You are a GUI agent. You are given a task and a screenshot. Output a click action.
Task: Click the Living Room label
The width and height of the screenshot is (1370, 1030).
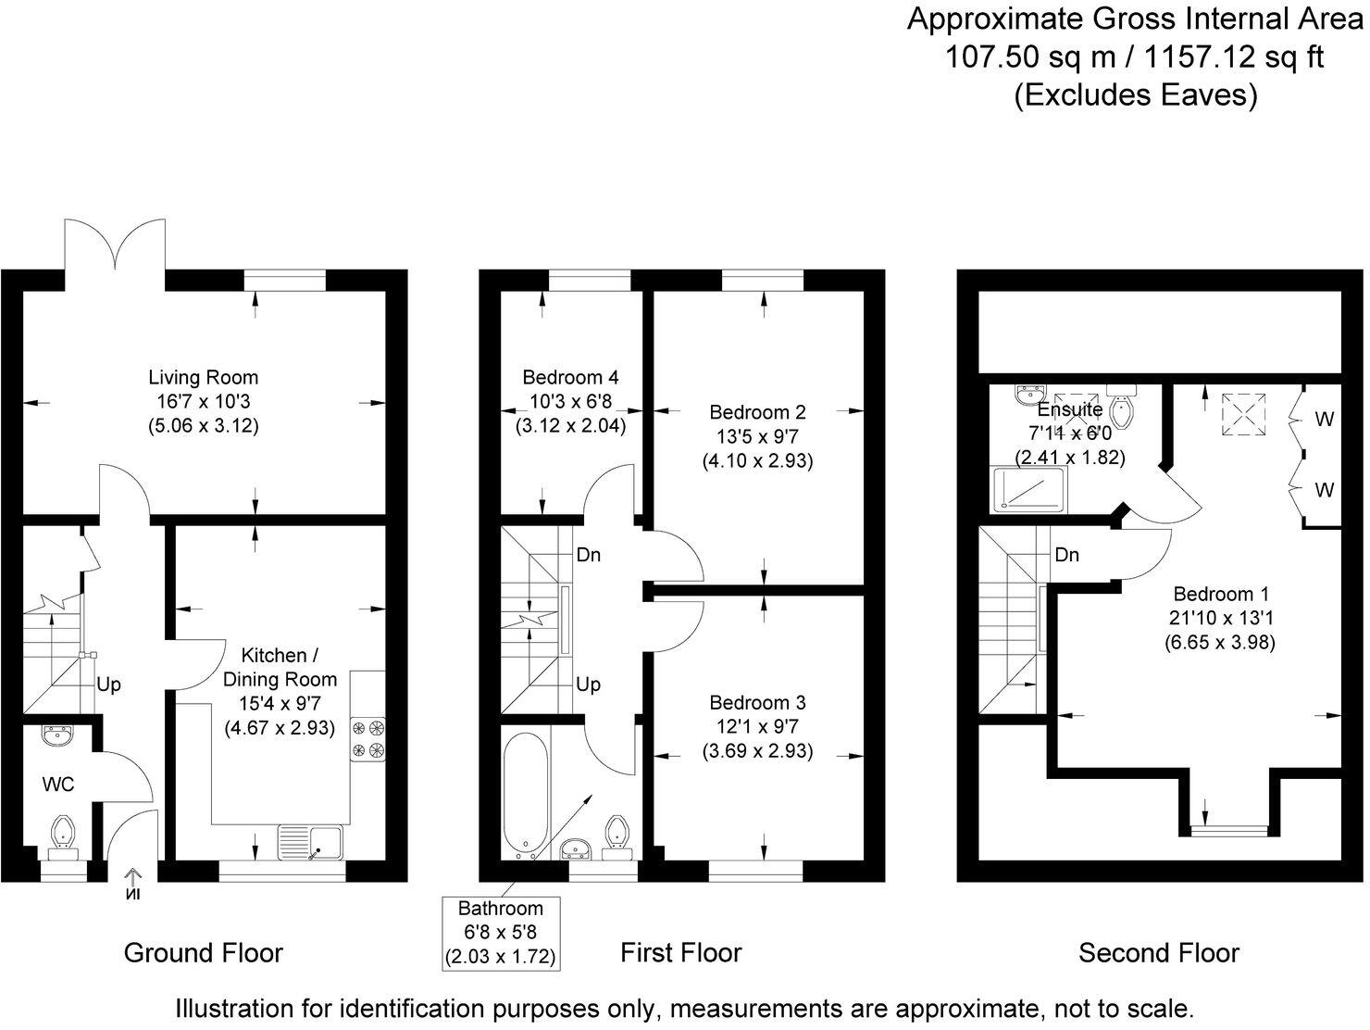[204, 378]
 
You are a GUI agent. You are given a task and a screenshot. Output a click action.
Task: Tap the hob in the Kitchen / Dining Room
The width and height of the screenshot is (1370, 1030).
[367, 739]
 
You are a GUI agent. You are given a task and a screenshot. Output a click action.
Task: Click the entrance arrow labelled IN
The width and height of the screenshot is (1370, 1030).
[132, 884]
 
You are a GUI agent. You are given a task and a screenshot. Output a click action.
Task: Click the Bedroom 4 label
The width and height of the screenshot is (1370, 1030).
[570, 378]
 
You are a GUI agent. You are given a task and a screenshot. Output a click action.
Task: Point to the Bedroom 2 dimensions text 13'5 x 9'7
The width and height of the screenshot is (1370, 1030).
[757, 436]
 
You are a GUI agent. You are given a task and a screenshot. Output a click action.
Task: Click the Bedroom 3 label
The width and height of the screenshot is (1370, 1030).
[757, 703]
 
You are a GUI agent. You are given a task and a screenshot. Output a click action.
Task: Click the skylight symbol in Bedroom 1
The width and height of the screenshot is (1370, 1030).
[1239, 413]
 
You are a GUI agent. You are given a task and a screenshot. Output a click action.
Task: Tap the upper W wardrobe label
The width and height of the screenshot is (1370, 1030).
[1325, 420]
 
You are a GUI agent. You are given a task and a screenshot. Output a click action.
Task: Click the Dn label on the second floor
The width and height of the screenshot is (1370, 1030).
[1066, 555]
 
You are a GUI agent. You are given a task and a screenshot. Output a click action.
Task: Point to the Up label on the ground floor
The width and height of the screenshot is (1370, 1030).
[108, 685]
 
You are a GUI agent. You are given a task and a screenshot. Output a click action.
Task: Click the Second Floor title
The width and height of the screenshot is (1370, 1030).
[1158, 952]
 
